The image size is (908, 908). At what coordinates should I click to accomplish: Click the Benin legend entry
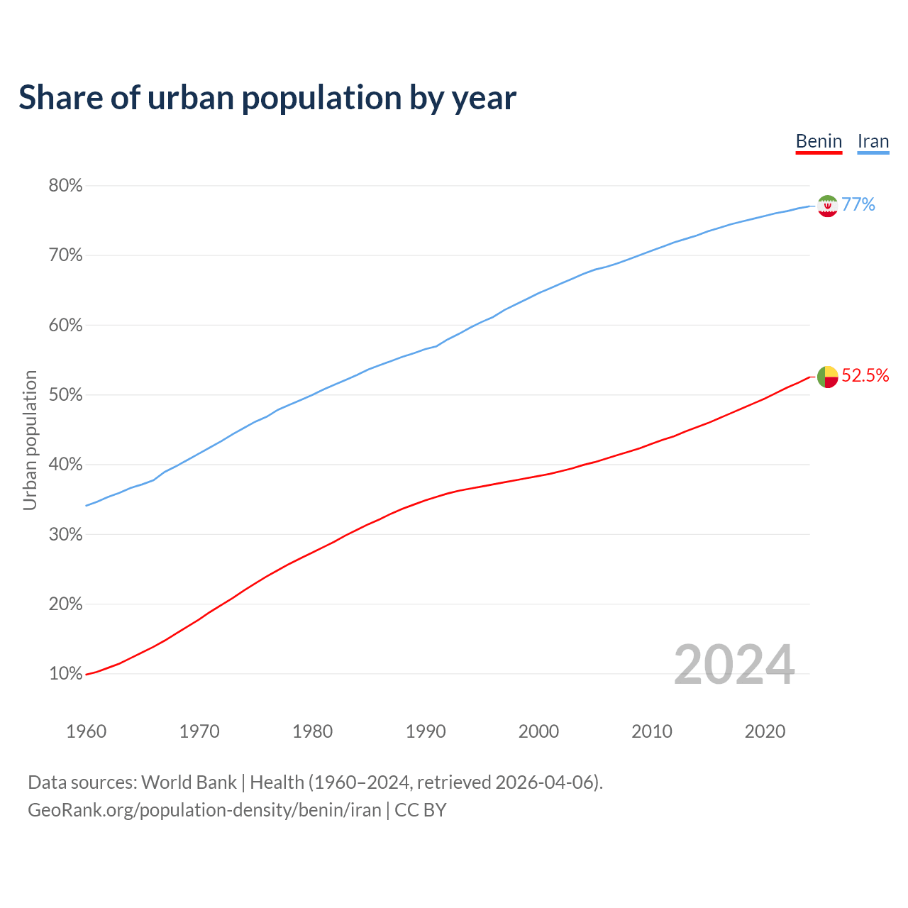[819, 141]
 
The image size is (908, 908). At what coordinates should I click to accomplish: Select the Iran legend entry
[873, 141]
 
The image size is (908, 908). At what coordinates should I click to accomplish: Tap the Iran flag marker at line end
[828, 206]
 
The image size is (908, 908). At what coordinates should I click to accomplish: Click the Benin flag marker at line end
[828, 377]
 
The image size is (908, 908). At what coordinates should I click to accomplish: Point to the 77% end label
[858, 205]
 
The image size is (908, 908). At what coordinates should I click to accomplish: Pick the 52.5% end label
[865, 376]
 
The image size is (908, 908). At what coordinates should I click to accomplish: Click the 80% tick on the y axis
[65, 186]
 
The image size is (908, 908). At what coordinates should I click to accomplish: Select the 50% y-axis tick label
[65, 395]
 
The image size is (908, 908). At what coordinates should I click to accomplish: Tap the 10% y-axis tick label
[65, 674]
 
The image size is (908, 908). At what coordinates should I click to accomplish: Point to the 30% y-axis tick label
[65, 535]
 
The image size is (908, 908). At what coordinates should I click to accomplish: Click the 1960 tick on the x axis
[87, 731]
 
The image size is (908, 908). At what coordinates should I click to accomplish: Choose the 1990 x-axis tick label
[426, 731]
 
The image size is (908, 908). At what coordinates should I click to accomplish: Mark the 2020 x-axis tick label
[765, 731]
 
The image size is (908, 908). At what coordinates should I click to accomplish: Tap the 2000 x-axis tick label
[539, 731]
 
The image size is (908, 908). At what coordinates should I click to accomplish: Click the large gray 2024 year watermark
[734, 665]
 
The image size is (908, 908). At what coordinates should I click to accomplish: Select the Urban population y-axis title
[30, 440]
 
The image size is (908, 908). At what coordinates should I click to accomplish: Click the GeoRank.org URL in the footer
[204, 810]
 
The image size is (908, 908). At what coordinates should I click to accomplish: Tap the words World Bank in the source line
[189, 782]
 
